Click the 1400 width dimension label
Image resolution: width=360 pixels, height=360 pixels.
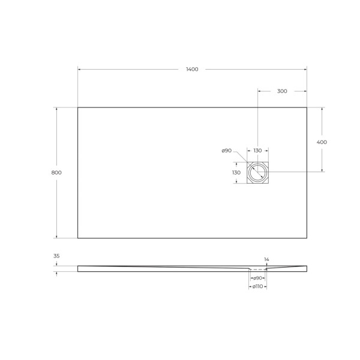coord(191,70)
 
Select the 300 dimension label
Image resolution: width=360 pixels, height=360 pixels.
coord(282,91)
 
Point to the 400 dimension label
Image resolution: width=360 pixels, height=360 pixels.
coord(322,142)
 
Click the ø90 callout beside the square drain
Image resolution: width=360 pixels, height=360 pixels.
coord(227,150)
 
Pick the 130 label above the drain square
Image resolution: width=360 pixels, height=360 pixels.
coord(257,150)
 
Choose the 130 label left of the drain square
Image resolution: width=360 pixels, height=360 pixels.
coord(236,172)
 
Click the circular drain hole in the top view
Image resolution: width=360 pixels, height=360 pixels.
coord(258,173)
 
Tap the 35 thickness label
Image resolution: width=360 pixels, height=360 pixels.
coord(56,256)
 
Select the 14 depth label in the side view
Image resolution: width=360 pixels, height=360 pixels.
coord(266,259)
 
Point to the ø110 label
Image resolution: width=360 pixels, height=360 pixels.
coord(258,287)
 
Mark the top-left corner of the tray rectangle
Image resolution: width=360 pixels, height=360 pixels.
coord(78,107)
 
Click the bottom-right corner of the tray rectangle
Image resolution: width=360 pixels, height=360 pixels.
coord(307,238)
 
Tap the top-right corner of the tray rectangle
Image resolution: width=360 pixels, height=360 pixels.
coord(307,107)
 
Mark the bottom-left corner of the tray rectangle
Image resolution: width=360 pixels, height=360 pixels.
coord(78,238)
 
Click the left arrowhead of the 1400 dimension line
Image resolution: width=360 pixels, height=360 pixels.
coord(80,70)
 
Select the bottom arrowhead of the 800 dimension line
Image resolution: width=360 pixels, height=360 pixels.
coord(57,236)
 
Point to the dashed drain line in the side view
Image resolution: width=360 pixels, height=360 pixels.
coord(258,270)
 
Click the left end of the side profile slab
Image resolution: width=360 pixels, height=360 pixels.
coord(79,269)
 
